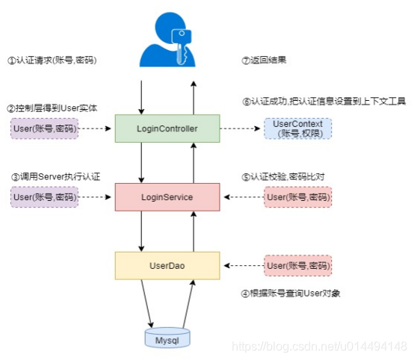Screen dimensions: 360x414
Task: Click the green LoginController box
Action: coord(167,128)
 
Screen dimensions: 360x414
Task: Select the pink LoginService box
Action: coord(167,197)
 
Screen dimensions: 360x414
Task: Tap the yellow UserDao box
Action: coord(167,265)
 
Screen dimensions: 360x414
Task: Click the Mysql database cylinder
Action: coord(167,337)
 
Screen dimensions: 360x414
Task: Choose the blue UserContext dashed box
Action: coord(298,128)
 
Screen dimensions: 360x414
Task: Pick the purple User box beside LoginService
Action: coord(43,197)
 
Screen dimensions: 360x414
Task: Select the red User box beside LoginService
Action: coord(298,197)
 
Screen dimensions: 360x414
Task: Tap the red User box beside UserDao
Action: coord(298,265)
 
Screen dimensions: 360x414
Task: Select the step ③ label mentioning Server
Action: coord(55,177)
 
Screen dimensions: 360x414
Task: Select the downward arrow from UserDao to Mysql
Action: coord(147,304)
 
